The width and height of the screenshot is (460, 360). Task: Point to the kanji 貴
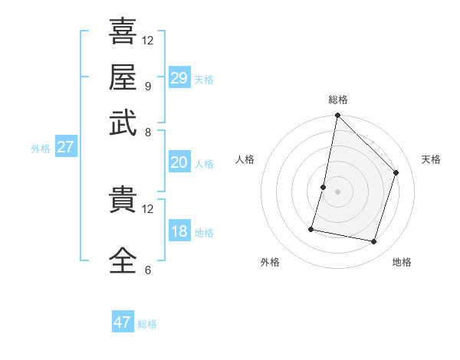point(123,201)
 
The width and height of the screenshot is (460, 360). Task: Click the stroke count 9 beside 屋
point(147,86)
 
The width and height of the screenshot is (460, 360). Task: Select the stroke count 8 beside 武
point(147,132)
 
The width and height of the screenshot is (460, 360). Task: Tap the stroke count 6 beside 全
point(147,270)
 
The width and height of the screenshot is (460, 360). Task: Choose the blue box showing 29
point(179,78)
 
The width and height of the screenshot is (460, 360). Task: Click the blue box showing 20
point(179,162)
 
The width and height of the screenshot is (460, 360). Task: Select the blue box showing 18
point(179,231)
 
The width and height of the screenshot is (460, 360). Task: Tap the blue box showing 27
point(65,147)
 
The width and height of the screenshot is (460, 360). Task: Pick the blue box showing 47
point(123,322)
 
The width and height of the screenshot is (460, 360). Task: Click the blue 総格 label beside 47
point(147,324)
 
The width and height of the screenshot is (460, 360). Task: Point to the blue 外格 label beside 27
point(41,149)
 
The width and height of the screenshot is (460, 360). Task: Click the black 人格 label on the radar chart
point(245,159)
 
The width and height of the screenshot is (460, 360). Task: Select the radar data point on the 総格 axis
point(337,116)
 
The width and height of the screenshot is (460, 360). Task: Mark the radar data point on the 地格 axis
point(373,241)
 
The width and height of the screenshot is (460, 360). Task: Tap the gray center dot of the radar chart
point(337,191)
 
